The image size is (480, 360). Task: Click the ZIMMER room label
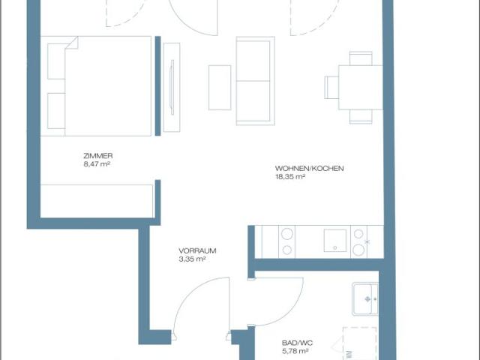98,156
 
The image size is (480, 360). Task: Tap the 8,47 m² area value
97,164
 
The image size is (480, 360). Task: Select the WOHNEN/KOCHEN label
309,168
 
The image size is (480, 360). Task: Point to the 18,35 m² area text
290,177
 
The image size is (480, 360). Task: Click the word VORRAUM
197,250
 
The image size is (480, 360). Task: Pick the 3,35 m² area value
192,259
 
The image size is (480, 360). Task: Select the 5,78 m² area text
295,352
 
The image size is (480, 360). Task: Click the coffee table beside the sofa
220,88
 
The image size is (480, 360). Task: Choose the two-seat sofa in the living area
255,81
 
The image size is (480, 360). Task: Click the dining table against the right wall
361,87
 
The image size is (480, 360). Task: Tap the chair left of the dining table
331,88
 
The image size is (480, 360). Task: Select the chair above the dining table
361,58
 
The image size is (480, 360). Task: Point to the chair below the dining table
361,117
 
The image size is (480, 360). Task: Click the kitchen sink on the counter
335,240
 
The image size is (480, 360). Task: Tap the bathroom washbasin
365,298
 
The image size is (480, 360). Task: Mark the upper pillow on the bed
56,61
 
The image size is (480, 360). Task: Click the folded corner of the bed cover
72,43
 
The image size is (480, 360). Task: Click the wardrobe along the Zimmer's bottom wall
97,201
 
